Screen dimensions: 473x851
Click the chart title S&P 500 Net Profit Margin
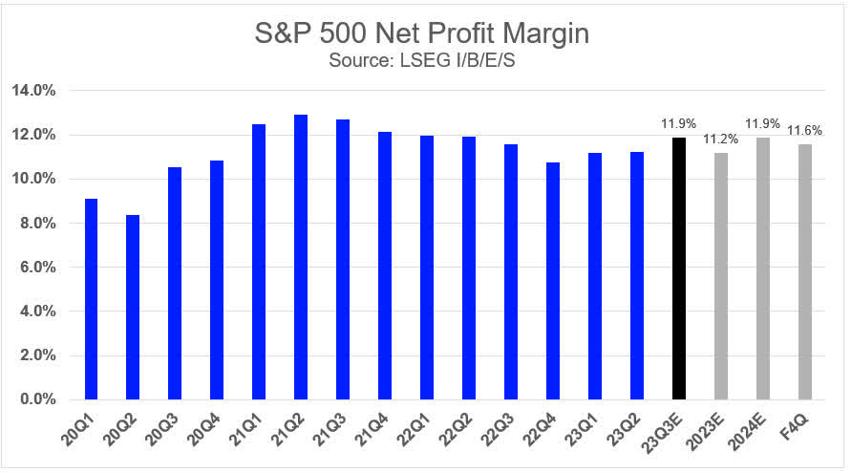pos(425,34)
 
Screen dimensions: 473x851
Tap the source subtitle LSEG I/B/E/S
pos(425,63)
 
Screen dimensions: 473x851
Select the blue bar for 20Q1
pos(91,298)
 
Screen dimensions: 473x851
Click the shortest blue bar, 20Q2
pos(133,307)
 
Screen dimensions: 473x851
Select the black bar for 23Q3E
pos(679,268)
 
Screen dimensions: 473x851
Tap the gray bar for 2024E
pos(763,268)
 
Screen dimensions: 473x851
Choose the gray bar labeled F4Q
pos(805,271)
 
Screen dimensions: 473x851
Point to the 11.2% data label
pos(721,140)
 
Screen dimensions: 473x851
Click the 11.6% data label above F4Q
pos(805,131)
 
